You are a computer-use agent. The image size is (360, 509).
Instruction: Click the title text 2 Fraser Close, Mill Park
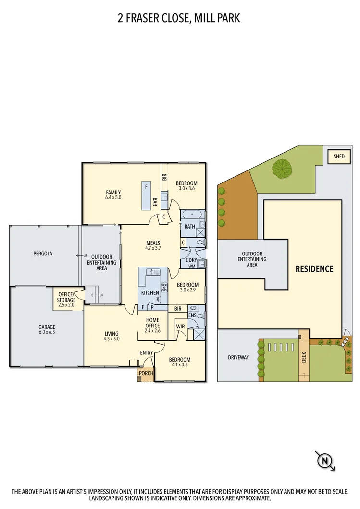[179, 18]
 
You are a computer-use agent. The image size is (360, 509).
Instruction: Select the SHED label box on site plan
[339, 156]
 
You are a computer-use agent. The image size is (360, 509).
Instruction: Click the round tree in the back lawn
[282, 169]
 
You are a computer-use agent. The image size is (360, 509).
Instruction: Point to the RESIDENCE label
[314, 269]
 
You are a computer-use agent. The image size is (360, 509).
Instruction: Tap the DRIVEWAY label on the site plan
[238, 357]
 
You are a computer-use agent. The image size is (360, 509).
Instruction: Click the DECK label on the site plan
[303, 357]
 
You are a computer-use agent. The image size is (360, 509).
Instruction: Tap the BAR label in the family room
[155, 202]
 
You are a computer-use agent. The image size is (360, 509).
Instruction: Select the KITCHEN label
[149, 293]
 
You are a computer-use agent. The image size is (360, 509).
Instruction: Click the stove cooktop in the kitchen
[164, 287]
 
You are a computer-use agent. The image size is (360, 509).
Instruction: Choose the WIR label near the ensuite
[181, 327]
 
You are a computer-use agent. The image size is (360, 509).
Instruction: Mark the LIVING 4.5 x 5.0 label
[111, 336]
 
